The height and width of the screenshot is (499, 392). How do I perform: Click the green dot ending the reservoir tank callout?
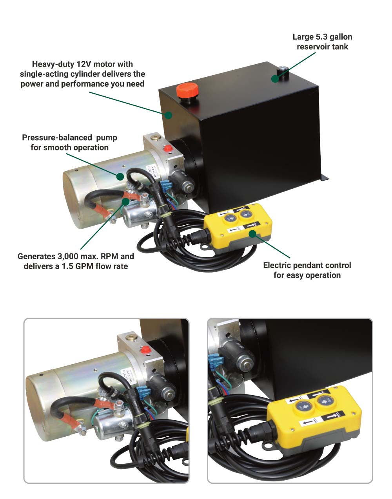pyautogui.click(x=275, y=79)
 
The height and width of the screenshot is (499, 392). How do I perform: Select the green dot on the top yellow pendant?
pyautogui.click(x=253, y=234)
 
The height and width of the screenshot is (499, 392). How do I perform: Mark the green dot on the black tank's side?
pyautogui.click(x=168, y=115)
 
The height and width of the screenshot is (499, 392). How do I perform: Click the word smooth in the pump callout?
pyautogui.click(x=57, y=148)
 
